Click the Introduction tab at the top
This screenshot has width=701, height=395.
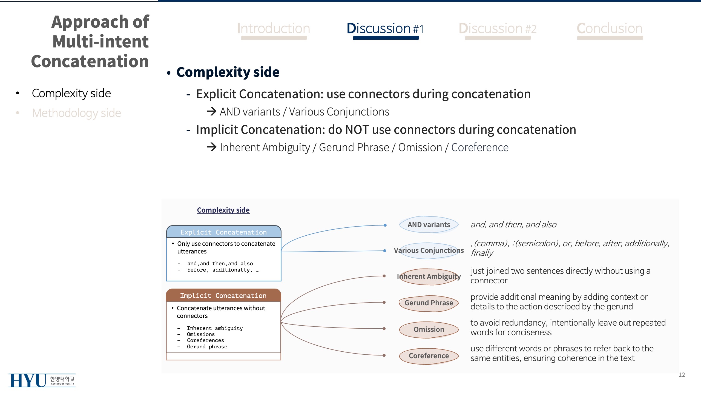(x=274, y=29)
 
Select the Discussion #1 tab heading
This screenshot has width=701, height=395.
(x=385, y=29)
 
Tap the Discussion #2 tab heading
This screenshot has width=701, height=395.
(x=498, y=29)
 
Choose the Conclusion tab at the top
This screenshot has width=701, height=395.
(x=610, y=29)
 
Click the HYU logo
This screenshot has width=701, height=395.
(x=42, y=380)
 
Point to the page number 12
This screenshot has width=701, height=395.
(x=682, y=375)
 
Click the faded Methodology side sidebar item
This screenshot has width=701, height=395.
(x=76, y=113)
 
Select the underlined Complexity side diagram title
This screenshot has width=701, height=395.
(x=223, y=210)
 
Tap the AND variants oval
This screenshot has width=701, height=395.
(x=429, y=225)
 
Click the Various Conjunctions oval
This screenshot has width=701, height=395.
(x=429, y=250)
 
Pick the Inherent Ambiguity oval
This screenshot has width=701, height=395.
(x=429, y=276)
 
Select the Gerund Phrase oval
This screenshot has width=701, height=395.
(x=429, y=303)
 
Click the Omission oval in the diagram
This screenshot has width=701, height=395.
(x=429, y=329)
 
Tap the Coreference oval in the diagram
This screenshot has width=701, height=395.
(x=429, y=356)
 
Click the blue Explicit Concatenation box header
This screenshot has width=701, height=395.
(x=223, y=232)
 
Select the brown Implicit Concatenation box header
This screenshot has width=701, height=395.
(x=223, y=295)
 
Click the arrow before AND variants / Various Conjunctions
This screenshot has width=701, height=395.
(x=212, y=111)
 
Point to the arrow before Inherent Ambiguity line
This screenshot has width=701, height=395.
(x=212, y=147)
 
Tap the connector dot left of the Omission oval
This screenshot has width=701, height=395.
(x=384, y=328)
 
